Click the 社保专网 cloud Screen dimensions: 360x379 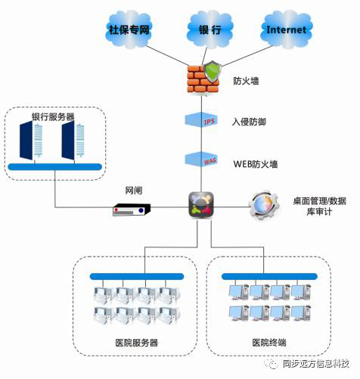[129, 30]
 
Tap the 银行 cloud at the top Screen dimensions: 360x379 [210, 30]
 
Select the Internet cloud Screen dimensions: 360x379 [287, 30]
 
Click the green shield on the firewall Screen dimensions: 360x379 [213, 72]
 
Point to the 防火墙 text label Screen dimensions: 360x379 [246, 81]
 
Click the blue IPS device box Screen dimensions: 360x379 [201, 120]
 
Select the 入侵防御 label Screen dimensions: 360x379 [249, 122]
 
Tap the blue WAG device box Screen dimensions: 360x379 [201, 160]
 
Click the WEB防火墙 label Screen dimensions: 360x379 [256, 164]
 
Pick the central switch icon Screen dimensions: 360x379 [201, 204]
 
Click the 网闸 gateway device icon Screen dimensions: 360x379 [132, 210]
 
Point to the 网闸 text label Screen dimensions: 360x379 [134, 191]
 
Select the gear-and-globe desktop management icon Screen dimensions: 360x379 [264, 205]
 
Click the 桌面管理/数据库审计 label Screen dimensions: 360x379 [319, 207]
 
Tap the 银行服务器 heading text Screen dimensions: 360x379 [53, 116]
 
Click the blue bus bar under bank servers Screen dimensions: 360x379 [55, 166]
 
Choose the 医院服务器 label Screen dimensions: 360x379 [137, 343]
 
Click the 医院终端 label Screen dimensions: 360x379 [269, 343]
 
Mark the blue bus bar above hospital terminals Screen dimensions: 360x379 [269, 276]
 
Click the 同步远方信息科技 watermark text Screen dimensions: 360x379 [316, 364]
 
